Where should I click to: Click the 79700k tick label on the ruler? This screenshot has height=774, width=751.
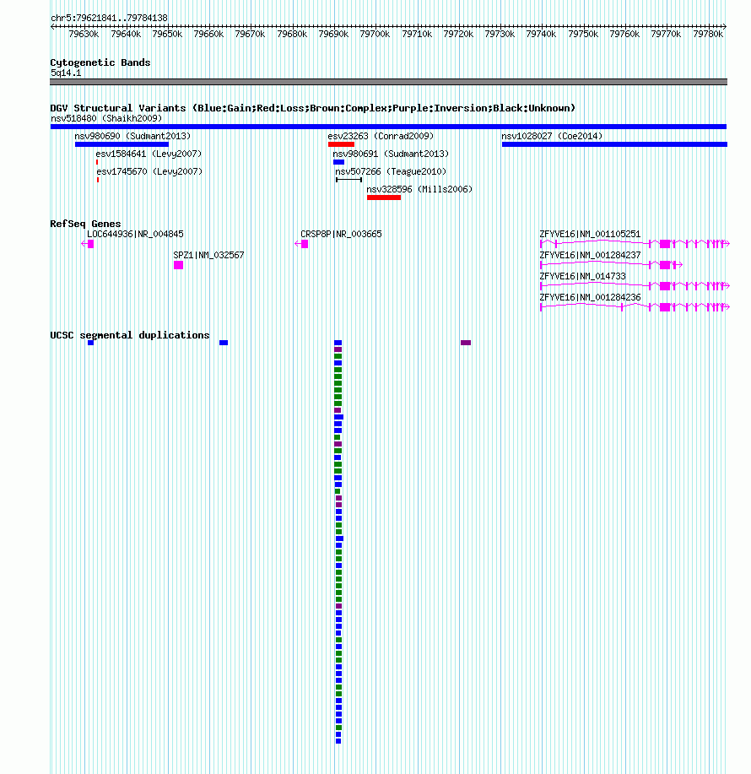click(x=375, y=34)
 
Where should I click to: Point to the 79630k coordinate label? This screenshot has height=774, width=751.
click(x=84, y=34)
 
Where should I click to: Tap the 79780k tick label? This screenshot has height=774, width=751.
click(x=708, y=34)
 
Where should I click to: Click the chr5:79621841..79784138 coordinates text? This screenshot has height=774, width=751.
click(x=109, y=19)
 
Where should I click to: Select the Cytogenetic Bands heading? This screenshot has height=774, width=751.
click(x=100, y=62)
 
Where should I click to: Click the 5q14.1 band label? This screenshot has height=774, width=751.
click(x=66, y=73)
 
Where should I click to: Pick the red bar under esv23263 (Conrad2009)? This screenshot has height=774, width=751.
click(x=341, y=144)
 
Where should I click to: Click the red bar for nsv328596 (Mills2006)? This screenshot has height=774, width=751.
click(x=384, y=198)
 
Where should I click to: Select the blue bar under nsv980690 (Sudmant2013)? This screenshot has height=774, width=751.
click(x=122, y=144)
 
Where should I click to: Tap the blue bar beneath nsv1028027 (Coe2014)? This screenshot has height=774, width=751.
click(x=614, y=144)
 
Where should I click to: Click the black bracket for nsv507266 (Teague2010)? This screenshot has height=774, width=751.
click(x=348, y=180)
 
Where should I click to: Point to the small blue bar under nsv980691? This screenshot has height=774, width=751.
click(x=338, y=162)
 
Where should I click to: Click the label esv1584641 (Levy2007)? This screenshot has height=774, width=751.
click(x=149, y=154)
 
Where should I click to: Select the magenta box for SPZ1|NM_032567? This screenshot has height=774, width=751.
click(x=179, y=265)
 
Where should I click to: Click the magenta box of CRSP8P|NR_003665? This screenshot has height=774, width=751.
click(x=305, y=244)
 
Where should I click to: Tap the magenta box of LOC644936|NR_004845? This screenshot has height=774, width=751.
click(x=90, y=244)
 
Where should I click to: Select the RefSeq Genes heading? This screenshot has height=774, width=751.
click(x=85, y=224)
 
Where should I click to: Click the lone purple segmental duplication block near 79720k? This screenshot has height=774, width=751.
click(x=466, y=343)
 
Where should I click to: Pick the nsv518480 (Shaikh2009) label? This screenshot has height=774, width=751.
click(x=106, y=118)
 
